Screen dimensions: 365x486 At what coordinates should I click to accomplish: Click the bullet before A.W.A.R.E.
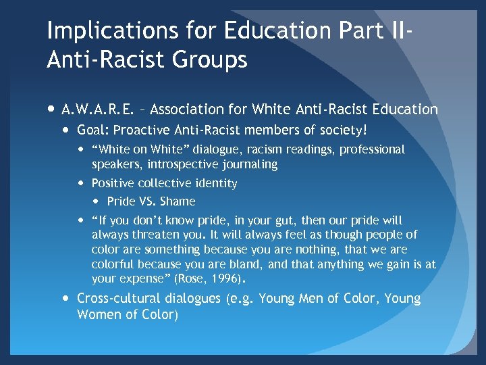pos(51,108)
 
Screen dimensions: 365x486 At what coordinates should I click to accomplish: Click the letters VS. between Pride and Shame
pos(148,201)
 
